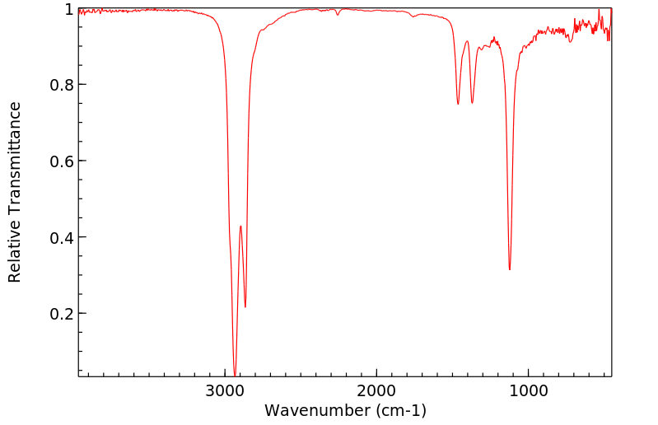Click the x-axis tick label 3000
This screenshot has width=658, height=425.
[x=226, y=389]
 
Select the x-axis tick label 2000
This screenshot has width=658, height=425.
[x=376, y=389]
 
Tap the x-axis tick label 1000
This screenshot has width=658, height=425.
[x=527, y=389]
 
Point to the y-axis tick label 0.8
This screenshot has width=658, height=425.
[x=61, y=85]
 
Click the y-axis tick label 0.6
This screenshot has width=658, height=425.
[x=61, y=161]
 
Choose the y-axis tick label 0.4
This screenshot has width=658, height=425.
[x=61, y=238]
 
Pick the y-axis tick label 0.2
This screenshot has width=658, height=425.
[x=61, y=314]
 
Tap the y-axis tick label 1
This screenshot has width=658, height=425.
[x=68, y=9]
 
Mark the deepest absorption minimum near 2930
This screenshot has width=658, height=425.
[x=236, y=375]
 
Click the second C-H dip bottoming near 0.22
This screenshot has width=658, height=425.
[x=245, y=307]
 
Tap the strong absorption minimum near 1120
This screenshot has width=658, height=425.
[x=510, y=269]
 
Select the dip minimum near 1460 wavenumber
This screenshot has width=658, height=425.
[x=458, y=104]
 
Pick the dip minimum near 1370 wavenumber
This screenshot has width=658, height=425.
[x=472, y=103]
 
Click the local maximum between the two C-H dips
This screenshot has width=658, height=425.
[x=240, y=226]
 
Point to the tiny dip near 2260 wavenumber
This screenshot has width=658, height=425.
[x=338, y=15]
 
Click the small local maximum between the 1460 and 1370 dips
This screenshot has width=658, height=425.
[x=467, y=41]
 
